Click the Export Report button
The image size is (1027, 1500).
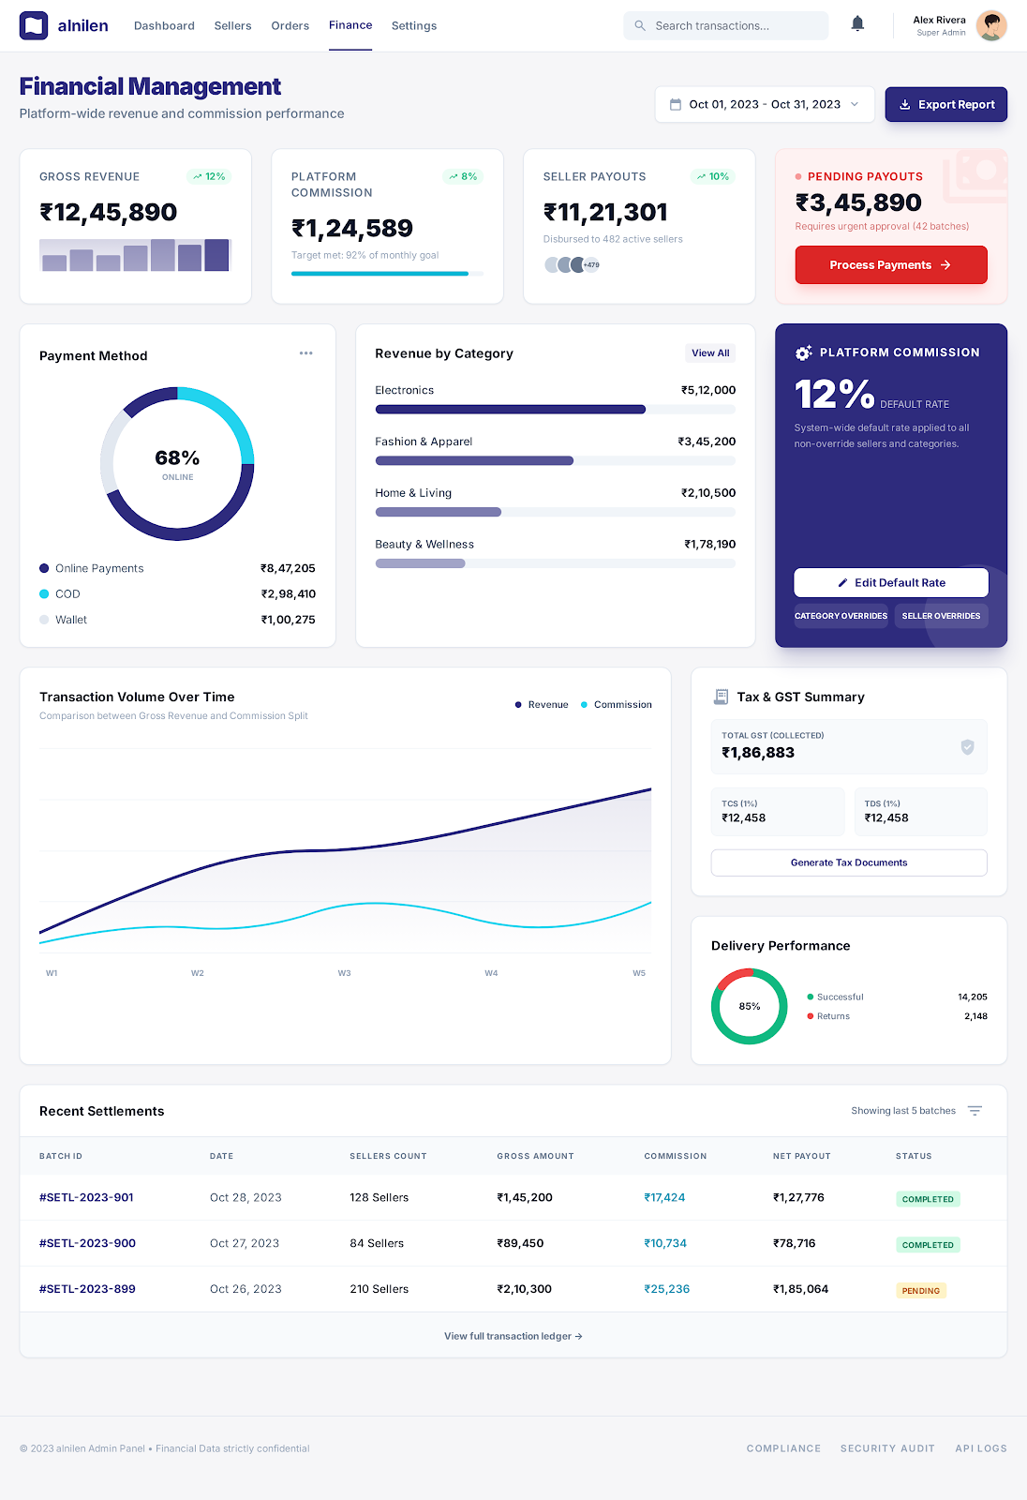[945, 105]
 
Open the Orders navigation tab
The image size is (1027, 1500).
[290, 26]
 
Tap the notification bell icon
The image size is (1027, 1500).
[857, 24]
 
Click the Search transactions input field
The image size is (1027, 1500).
[726, 26]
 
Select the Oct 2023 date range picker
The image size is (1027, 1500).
[764, 105]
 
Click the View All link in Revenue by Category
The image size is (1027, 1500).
[710, 353]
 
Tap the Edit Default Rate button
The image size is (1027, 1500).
[890, 582]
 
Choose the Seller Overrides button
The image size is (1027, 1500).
[941, 616]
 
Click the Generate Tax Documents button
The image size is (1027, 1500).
[849, 862]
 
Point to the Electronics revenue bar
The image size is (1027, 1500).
[511, 410]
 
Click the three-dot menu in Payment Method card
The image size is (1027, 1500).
[305, 353]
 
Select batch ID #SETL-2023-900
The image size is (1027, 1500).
[87, 1243]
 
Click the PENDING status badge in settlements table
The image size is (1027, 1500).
[920, 1291]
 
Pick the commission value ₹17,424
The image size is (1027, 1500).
[664, 1197]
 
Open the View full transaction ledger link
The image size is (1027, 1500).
[513, 1336]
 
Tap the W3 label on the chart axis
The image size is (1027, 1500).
[344, 973]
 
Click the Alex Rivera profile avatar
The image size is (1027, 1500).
[990, 26]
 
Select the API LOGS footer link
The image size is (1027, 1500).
[980, 1448]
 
